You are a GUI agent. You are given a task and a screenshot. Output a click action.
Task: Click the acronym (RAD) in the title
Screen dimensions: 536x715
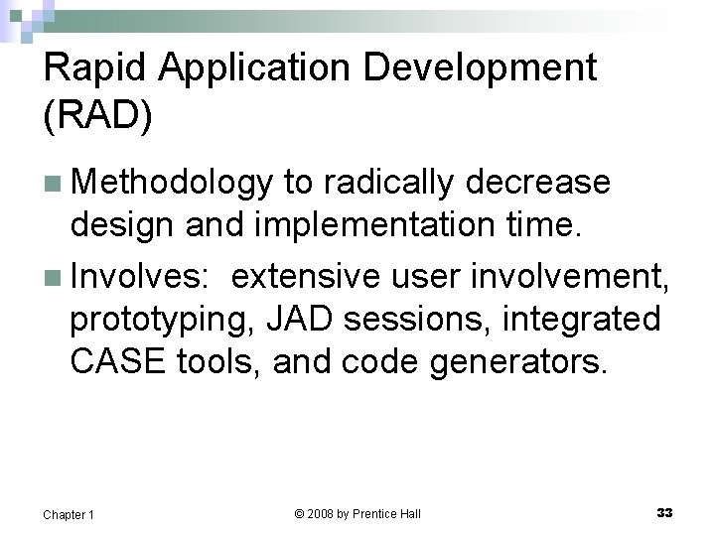(98, 115)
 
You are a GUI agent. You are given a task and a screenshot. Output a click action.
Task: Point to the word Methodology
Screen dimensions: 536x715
(172, 184)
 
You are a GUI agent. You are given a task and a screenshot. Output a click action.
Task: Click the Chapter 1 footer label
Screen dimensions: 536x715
(69, 514)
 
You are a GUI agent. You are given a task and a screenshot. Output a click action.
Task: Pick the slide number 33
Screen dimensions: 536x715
(664, 512)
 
